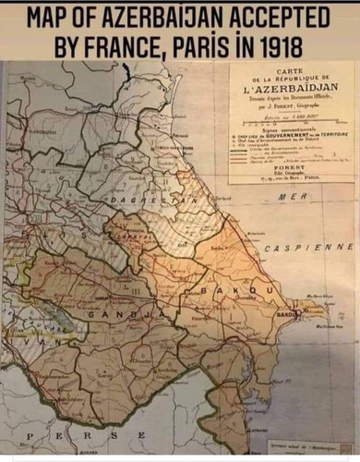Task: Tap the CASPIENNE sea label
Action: coord(309,249)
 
